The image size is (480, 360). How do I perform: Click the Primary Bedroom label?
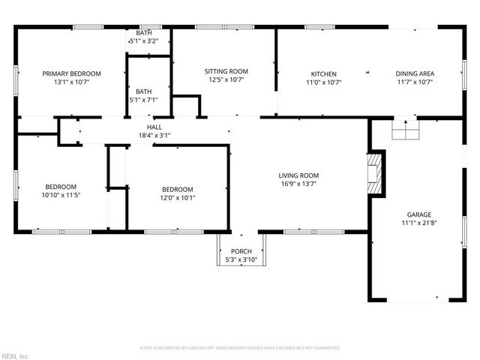point(71,73)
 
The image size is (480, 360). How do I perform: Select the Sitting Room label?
point(226,70)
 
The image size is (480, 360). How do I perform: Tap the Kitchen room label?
point(323,73)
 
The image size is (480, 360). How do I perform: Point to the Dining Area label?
point(415,73)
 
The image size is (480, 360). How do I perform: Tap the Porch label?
point(241,251)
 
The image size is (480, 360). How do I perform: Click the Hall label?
point(154,127)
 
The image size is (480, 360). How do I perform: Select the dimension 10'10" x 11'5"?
point(61,195)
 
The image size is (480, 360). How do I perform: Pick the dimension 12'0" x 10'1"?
point(178,198)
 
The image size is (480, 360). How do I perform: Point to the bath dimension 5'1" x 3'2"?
point(144,41)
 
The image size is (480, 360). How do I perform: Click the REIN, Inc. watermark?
point(15,355)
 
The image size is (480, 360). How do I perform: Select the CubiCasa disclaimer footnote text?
point(240,348)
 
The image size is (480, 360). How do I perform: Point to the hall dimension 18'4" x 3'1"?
point(154,136)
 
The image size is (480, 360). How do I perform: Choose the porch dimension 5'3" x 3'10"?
point(241,259)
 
